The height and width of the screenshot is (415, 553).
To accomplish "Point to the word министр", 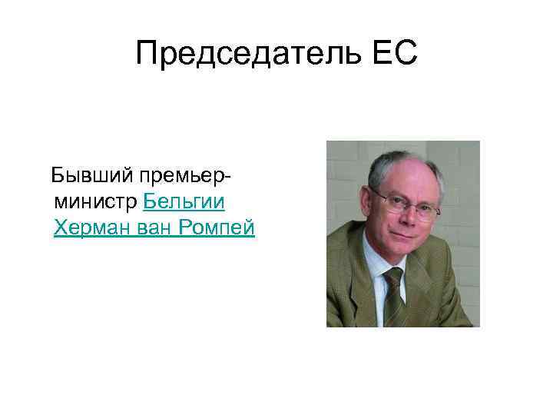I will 95,202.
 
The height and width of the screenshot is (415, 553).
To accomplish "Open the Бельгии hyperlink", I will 184,202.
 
